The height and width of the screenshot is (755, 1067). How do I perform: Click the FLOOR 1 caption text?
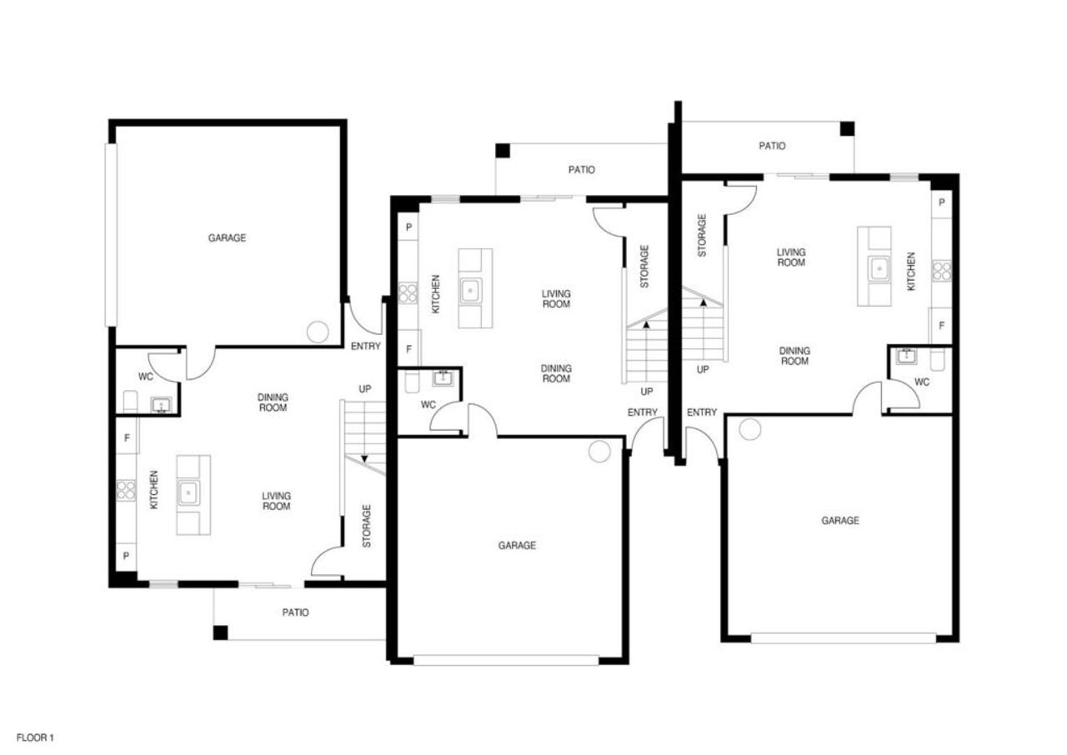click(x=35, y=737)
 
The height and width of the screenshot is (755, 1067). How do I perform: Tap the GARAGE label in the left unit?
click(x=227, y=238)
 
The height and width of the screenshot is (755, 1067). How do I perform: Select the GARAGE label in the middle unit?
click(x=517, y=546)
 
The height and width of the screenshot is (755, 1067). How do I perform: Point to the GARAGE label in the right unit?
click(x=839, y=521)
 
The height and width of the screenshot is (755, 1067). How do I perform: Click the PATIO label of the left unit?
click(x=295, y=612)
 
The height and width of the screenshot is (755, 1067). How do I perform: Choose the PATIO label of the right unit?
click(x=772, y=146)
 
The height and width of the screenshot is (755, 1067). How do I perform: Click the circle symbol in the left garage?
click(x=318, y=332)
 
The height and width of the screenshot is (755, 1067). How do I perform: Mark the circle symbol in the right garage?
click(x=750, y=430)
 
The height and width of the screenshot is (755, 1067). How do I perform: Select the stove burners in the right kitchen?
click(x=941, y=270)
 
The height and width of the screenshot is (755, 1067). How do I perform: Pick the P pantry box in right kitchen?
click(x=942, y=202)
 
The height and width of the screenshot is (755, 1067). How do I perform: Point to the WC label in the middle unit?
click(x=428, y=405)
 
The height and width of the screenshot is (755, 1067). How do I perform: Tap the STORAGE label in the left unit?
click(x=367, y=526)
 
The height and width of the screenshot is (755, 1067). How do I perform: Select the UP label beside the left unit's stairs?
click(x=365, y=389)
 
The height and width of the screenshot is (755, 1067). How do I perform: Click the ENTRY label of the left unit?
click(x=365, y=347)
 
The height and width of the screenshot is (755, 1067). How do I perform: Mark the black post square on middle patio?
click(x=502, y=151)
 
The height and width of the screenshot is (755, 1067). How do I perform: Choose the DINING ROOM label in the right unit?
click(x=794, y=357)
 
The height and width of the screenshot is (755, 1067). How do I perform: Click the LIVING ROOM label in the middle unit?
click(x=556, y=299)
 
